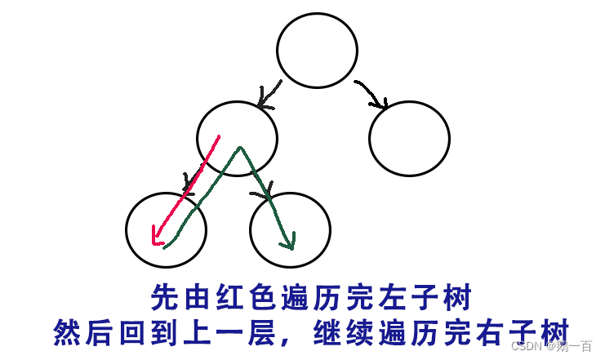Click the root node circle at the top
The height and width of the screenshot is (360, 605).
317,50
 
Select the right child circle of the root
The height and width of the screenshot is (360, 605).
409,138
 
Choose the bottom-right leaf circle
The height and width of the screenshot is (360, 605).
290,230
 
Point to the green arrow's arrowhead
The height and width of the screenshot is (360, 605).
288,242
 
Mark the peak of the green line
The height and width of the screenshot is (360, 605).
240,149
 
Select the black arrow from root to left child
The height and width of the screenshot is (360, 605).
269,94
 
